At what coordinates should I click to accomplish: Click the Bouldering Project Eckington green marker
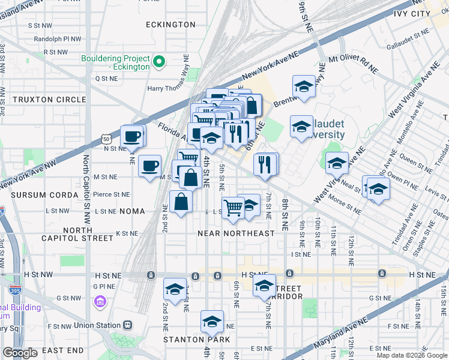point(160,61)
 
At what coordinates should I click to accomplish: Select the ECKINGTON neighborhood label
point(170,25)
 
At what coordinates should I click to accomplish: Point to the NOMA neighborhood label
point(132,211)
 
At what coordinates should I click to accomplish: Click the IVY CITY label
point(412,13)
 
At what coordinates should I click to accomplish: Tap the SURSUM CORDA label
point(40,196)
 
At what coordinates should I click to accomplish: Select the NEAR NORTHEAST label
point(236,233)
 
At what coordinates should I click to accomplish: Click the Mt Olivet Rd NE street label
point(353,64)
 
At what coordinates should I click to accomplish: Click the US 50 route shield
point(106,139)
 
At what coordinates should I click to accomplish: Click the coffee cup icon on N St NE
point(132,136)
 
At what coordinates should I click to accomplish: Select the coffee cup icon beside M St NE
point(149,165)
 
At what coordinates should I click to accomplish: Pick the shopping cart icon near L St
point(233,208)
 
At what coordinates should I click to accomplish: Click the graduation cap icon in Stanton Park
point(212,322)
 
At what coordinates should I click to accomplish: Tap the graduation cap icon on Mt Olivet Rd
point(304,86)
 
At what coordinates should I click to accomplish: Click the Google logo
point(20,353)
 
